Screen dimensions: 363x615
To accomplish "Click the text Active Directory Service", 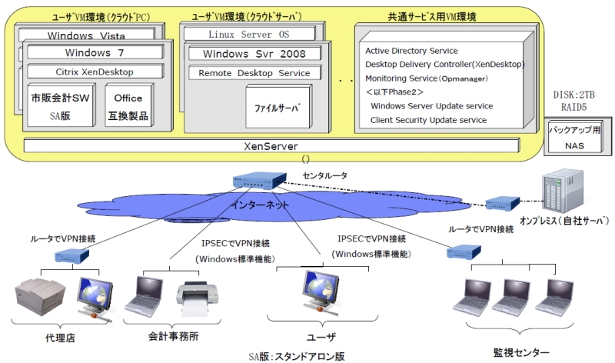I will (411, 51).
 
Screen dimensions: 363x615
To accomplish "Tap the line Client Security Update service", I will (428, 120).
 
